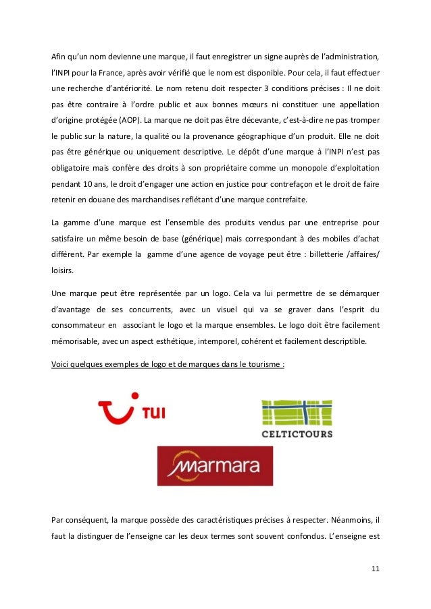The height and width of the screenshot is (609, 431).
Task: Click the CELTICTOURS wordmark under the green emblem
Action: coord(297,434)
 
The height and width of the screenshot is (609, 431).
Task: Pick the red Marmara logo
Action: coord(215,465)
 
